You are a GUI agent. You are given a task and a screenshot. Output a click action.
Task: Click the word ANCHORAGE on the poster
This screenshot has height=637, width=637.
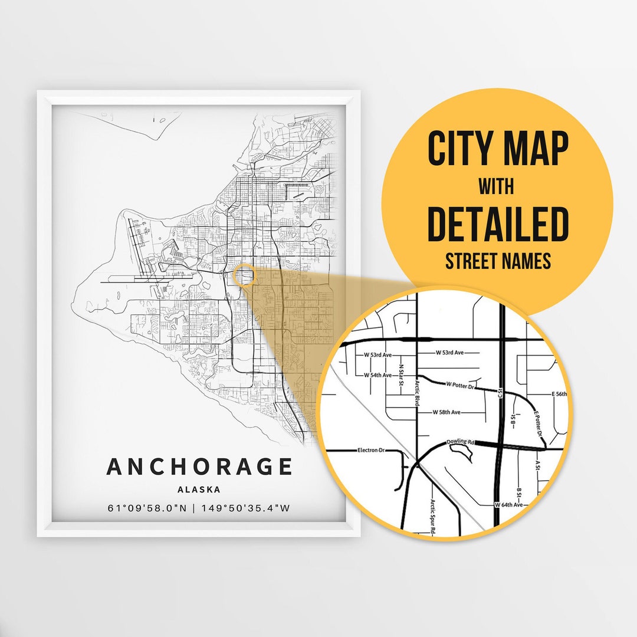(x=199, y=467)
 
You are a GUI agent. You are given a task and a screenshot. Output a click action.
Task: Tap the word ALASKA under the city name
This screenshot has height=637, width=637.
(x=199, y=490)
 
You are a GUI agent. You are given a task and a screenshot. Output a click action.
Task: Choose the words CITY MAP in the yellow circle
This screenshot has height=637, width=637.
(x=497, y=149)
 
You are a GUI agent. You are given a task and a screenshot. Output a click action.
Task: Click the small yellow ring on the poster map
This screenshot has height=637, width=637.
(x=244, y=275)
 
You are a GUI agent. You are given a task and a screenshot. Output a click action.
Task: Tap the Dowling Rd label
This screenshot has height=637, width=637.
(x=460, y=441)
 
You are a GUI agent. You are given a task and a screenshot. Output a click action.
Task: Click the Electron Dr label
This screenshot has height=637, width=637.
(x=371, y=450)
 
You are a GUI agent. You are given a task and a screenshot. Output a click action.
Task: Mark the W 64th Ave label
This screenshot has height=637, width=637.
(x=508, y=505)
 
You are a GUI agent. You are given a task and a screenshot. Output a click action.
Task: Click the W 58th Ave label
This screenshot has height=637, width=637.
(x=446, y=412)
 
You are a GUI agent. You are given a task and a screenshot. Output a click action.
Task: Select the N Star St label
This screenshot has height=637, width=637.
(x=400, y=375)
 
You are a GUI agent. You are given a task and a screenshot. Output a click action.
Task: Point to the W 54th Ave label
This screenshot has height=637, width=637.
(x=377, y=375)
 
